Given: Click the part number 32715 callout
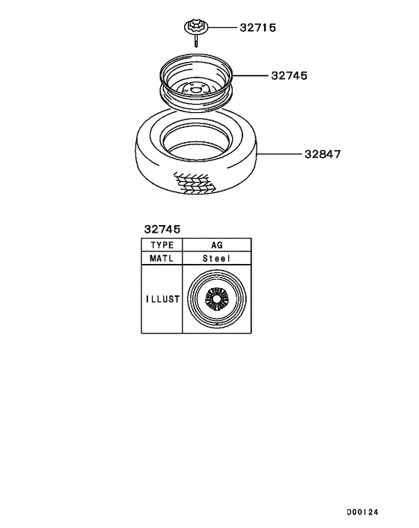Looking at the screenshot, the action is point(257,28).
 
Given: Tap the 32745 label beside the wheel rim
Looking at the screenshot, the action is point(289,76).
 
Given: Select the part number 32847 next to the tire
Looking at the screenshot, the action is point(322,154).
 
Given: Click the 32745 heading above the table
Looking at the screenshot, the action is point(162,230).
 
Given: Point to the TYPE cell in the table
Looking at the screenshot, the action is point(162,245).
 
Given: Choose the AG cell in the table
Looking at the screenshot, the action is point(217,245).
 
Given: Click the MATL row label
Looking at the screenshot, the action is point(162,258).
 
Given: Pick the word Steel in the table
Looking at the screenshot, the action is point(216,258).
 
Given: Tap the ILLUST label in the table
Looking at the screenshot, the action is point(162,299).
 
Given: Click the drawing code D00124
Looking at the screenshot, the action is point(362,512).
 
